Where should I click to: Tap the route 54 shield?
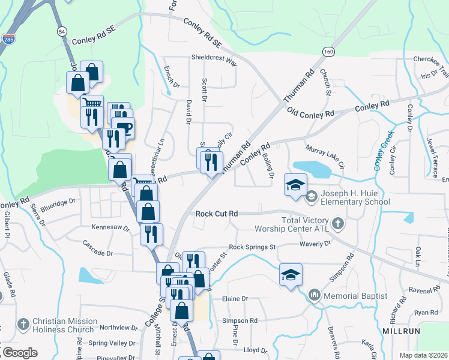click(x=62, y=31)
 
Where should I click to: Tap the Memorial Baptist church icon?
click(x=315, y=295)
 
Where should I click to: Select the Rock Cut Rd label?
click(x=217, y=214)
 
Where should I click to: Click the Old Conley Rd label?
click(x=310, y=112)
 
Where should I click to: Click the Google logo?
click(x=19, y=353)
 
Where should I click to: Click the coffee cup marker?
click(x=125, y=128)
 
